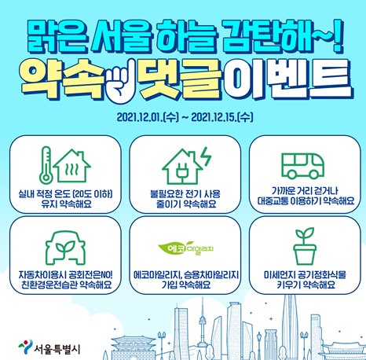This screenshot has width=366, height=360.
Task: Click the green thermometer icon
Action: [x=46, y=165]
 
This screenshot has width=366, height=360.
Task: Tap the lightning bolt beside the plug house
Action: [x=207, y=156]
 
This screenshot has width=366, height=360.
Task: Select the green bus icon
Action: [x=302, y=166]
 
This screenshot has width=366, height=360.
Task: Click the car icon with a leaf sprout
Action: [x=65, y=248]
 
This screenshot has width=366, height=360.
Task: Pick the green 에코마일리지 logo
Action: [x=185, y=248]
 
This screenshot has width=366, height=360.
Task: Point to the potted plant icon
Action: [x=305, y=246]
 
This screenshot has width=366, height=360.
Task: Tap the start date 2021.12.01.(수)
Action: [x=148, y=117]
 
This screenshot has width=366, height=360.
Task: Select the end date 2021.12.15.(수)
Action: [x=222, y=117]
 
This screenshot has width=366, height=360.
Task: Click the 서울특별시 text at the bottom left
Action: [x=57, y=349]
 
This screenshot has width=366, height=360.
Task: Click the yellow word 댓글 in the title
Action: [x=180, y=79]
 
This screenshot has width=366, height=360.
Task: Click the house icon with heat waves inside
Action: [x=71, y=166]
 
